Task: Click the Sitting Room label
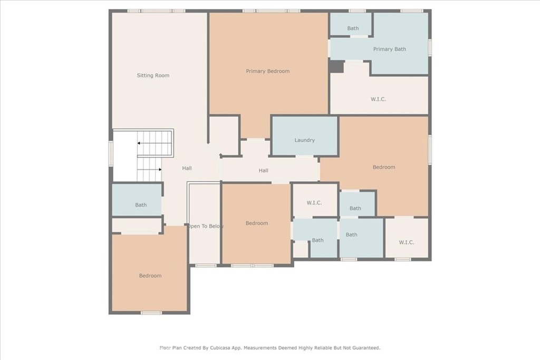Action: pyautogui.click(x=153, y=75)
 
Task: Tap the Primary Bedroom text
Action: pyautogui.click(x=267, y=71)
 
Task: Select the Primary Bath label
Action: pyautogui.click(x=390, y=49)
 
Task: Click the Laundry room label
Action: pyautogui.click(x=304, y=140)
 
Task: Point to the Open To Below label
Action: pyautogui.click(x=205, y=226)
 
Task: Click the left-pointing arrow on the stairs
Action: pyautogui.click(x=139, y=143)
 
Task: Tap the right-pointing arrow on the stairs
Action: pyautogui.click(x=159, y=170)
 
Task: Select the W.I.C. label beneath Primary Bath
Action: pyautogui.click(x=379, y=99)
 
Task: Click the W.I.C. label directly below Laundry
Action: pyautogui.click(x=314, y=203)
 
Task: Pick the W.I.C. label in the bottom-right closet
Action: pyautogui.click(x=406, y=242)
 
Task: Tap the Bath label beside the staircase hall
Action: pyautogui.click(x=141, y=205)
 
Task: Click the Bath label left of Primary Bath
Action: pyautogui.click(x=353, y=28)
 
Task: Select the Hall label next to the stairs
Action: pyautogui.click(x=187, y=168)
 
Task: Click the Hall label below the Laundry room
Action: pyautogui.click(x=263, y=170)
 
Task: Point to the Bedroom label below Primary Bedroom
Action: pyautogui.click(x=257, y=223)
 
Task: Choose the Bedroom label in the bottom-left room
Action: pyautogui.click(x=150, y=276)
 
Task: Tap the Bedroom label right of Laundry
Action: pyautogui.click(x=383, y=167)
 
